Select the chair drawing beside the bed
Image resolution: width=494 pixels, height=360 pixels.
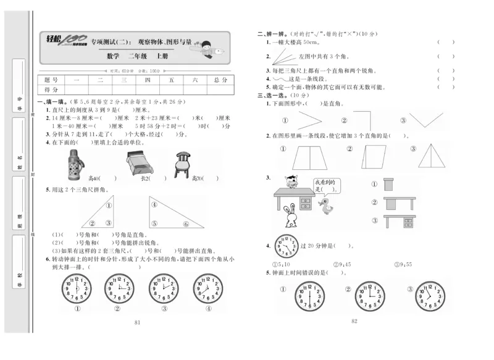pyautogui.click(x=182, y=164)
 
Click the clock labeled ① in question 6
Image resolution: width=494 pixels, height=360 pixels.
pyautogui.click(x=77, y=288)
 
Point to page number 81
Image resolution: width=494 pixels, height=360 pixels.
pyautogui.click(x=137, y=322)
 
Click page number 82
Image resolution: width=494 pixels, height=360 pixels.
pyautogui.click(x=354, y=320)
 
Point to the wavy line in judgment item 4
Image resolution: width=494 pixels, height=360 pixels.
pyautogui.click(x=280, y=79)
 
